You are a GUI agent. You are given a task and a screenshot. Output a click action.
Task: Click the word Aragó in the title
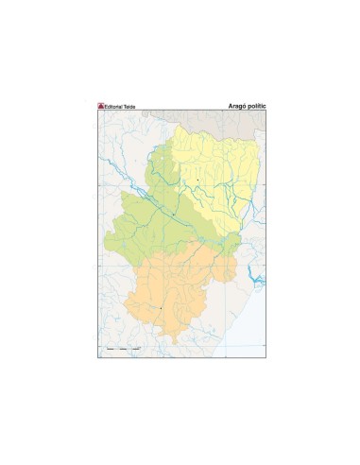[x=236, y=106]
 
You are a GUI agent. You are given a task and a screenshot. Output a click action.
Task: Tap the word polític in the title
[x=256, y=106]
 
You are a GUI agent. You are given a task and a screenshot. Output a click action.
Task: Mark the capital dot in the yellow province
[x=197, y=180]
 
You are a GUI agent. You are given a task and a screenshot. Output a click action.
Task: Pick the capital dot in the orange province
[x=162, y=307]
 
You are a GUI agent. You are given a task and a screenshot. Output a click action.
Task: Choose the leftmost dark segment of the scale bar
[x=110, y=351]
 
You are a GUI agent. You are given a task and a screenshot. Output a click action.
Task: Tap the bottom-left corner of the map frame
[x=97, y=356]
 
